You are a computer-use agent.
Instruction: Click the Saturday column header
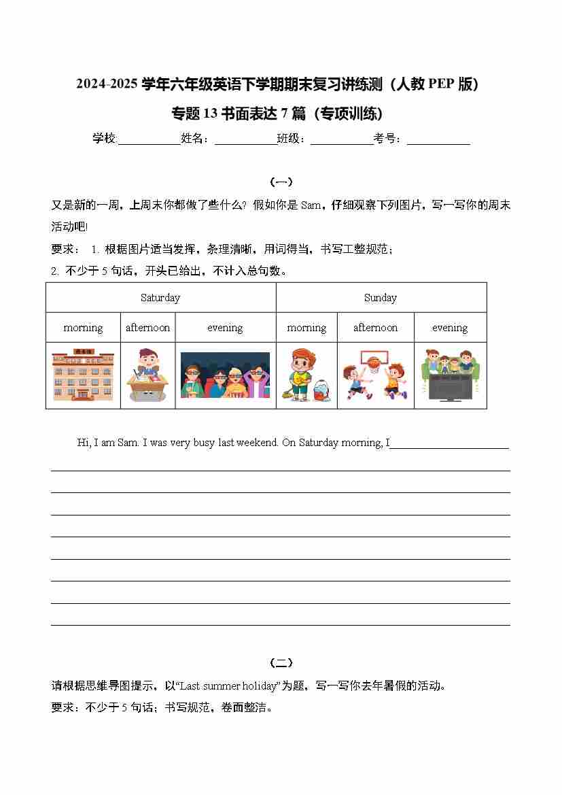coord(160,298)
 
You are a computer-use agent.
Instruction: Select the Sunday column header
coord(381,298)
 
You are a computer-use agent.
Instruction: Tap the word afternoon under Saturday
coord(147,328)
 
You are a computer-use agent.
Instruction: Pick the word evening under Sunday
coord(450,328)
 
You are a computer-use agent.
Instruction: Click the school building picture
coord(83,375)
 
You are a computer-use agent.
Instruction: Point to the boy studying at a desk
coord(147,375)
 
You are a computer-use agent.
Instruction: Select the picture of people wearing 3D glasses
coord(225,375)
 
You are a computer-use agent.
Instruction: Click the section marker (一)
coord(281,182)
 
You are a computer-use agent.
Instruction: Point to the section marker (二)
coord(281,663)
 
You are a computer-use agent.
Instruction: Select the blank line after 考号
coord(438,142)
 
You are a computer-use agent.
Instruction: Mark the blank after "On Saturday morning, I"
coord(450,445)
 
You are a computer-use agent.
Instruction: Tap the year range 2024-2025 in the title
coord(107,84)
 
